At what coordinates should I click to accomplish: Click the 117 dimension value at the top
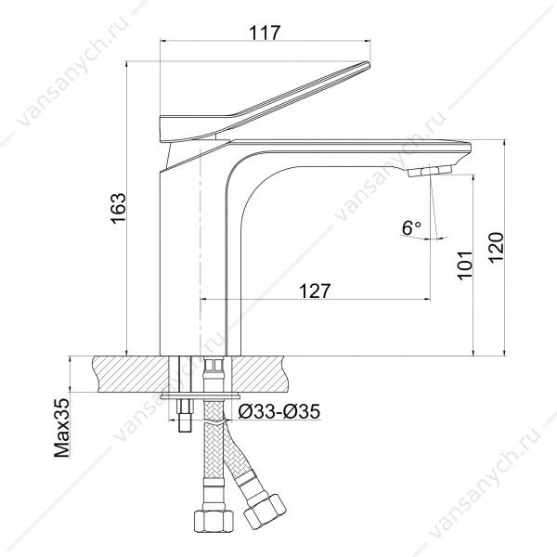point(265,32)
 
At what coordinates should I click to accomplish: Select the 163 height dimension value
point(118,208)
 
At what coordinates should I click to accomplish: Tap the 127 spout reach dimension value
point(315,291)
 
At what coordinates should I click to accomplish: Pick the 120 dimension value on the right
point(496,248)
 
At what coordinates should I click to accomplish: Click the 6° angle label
point(411,227)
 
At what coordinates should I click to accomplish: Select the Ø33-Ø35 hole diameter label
point(279,411)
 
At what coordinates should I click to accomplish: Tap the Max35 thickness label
point(62,428)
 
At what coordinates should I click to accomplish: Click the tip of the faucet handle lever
point(369,64)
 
